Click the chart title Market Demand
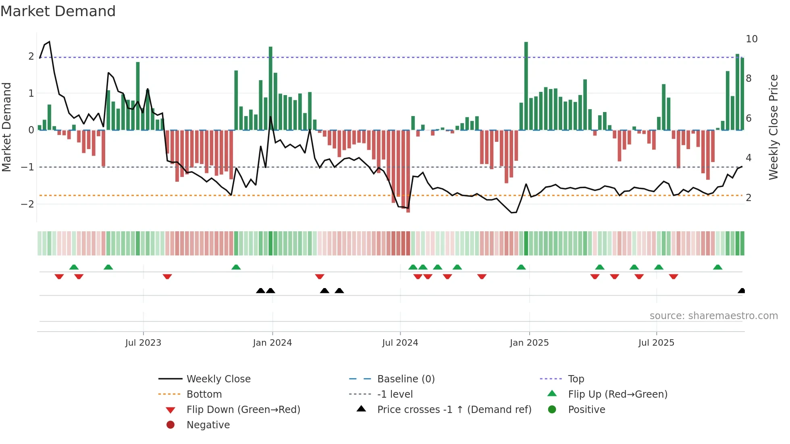(x=58, y=11)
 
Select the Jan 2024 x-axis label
(x=272, y=343)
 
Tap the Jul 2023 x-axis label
(x=143, y=343)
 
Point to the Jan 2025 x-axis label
(x=529, y=343)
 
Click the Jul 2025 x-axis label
(x=656, y=343)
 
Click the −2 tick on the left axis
(x=27, y=204)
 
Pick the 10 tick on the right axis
(x=751, y=39)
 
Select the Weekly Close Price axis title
(x=773, y=127)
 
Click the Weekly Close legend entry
(x=218, y=379)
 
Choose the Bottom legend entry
(x=204, y=394)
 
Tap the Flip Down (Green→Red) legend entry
(x=243, y=410)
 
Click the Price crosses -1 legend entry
(x=454, y=410)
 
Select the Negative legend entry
(x=208, y=425)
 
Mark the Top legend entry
(x=576, y=379)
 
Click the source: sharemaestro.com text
(x=713, y=316)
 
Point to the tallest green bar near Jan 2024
(x=270, y=89)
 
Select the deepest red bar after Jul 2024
(x=408, y=171)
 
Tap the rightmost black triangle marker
(x=741, y=291)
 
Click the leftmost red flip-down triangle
(x=59, y=276)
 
